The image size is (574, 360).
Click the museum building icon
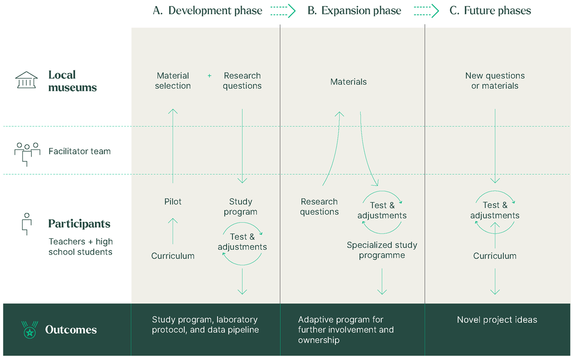26,80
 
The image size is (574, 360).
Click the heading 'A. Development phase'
207,11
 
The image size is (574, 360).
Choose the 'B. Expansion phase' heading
354,11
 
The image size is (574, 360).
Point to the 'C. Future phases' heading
490,11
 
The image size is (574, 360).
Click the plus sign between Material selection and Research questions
209,76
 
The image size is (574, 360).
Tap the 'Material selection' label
173,81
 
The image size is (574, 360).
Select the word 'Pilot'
173,202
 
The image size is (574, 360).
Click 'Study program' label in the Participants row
240,207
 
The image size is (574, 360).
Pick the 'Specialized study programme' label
382,250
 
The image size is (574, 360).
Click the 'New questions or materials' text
495,81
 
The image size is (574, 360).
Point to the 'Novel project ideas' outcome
497,320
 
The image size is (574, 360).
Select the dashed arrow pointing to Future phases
426,11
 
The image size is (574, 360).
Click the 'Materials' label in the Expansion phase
348,82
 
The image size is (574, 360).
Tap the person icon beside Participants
27,224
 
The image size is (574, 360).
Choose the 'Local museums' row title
72,81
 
